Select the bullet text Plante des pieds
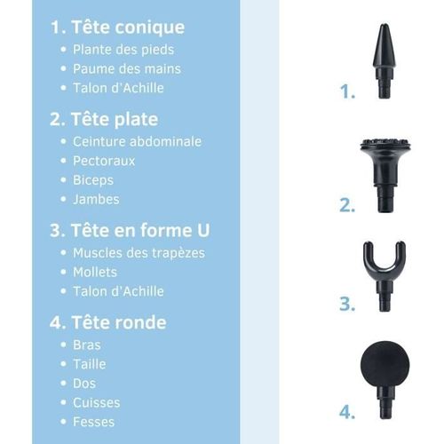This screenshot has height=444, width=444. (123, 50)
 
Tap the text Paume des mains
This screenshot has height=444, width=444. (126, 68)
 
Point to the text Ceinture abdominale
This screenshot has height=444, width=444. (137, 141)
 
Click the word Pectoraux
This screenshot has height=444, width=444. (104, 161)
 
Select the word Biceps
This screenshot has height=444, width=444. (94, 180)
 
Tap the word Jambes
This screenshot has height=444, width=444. (96, 199)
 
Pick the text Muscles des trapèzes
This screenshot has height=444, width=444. (139, 253)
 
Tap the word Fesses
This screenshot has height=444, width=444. (94, 421)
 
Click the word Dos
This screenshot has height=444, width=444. (83, 383)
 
